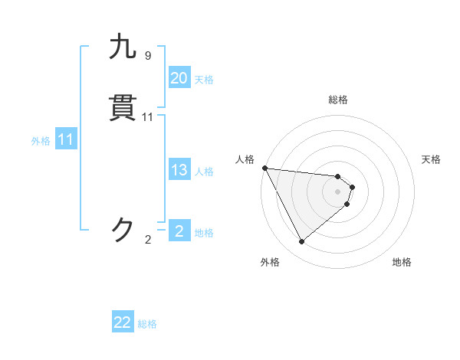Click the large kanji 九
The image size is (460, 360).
123,47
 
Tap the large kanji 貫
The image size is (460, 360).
123,109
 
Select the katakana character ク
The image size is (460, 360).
123,229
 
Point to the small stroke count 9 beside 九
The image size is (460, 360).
148,56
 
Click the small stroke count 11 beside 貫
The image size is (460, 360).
148,117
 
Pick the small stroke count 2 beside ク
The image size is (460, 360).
148,240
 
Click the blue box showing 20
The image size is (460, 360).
179,78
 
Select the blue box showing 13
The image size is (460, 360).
179,170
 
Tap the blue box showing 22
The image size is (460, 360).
123,323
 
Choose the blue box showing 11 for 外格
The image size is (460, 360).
66,140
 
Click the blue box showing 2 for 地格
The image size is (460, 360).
179,231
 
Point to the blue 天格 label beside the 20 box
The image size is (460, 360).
204,80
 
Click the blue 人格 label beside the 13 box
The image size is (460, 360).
204,172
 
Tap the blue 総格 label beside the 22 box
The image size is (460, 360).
147,325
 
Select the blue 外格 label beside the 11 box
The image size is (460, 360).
41,141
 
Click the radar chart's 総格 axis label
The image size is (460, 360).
338,100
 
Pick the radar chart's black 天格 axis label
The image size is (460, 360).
432,159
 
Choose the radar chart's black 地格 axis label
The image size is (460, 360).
402,263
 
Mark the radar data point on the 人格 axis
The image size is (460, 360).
264,168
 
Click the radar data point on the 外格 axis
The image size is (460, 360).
301,242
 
